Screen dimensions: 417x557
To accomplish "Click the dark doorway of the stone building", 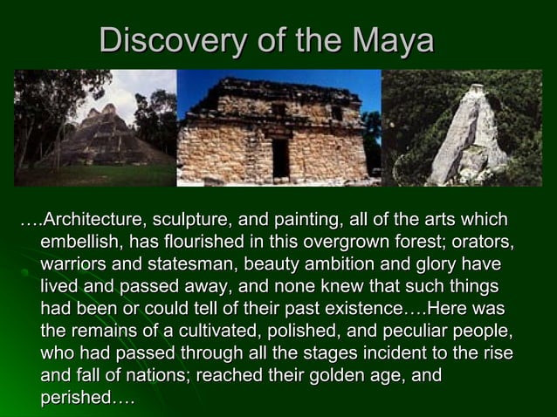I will (280, 157).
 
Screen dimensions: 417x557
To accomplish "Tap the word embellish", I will (79, 242).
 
